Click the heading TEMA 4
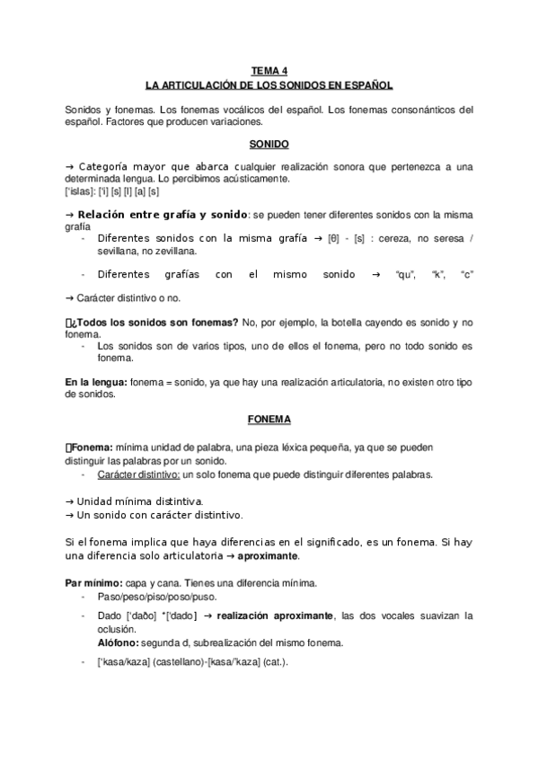(x=269, y=69)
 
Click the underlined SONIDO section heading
(x=269, y=144)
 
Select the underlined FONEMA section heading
(x=269, y=420)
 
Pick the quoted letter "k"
(x=438, y=274)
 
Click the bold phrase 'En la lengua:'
(x=96, y=382)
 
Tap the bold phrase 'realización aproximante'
(x=271, y=616)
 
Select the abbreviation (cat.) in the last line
(x=271, y=663)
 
